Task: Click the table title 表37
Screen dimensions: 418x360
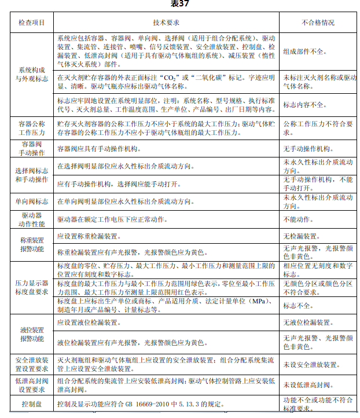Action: [x=180, y=4]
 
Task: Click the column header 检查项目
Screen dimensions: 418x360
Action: [x=32, y=23]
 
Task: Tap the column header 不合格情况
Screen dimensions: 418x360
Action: [x=318, y=23]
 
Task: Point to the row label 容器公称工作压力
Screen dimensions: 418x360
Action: [x=32, y=127]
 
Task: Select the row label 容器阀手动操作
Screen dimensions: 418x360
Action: [x=32, y=148]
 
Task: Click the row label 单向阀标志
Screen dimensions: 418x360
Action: [x=32, y=201]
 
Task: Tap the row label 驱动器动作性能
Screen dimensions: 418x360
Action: [x=32, y=219]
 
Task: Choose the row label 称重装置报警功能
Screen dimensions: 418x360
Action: [x=32, y=244]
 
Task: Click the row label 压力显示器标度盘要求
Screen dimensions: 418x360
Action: [x=32, y=288]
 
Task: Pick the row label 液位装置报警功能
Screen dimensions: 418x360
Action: [x=32, y=334]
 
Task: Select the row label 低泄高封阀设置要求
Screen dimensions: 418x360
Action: [x=32, y=384]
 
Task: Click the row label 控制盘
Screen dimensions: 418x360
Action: [x=32, y=403]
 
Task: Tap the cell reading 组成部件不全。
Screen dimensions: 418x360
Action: [x=304, y=51]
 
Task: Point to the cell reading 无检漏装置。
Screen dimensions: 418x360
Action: [x=302, y=236]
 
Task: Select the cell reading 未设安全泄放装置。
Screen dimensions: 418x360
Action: [x=310, y=364]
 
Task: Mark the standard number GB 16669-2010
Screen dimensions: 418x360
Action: [x=156, y=403]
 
